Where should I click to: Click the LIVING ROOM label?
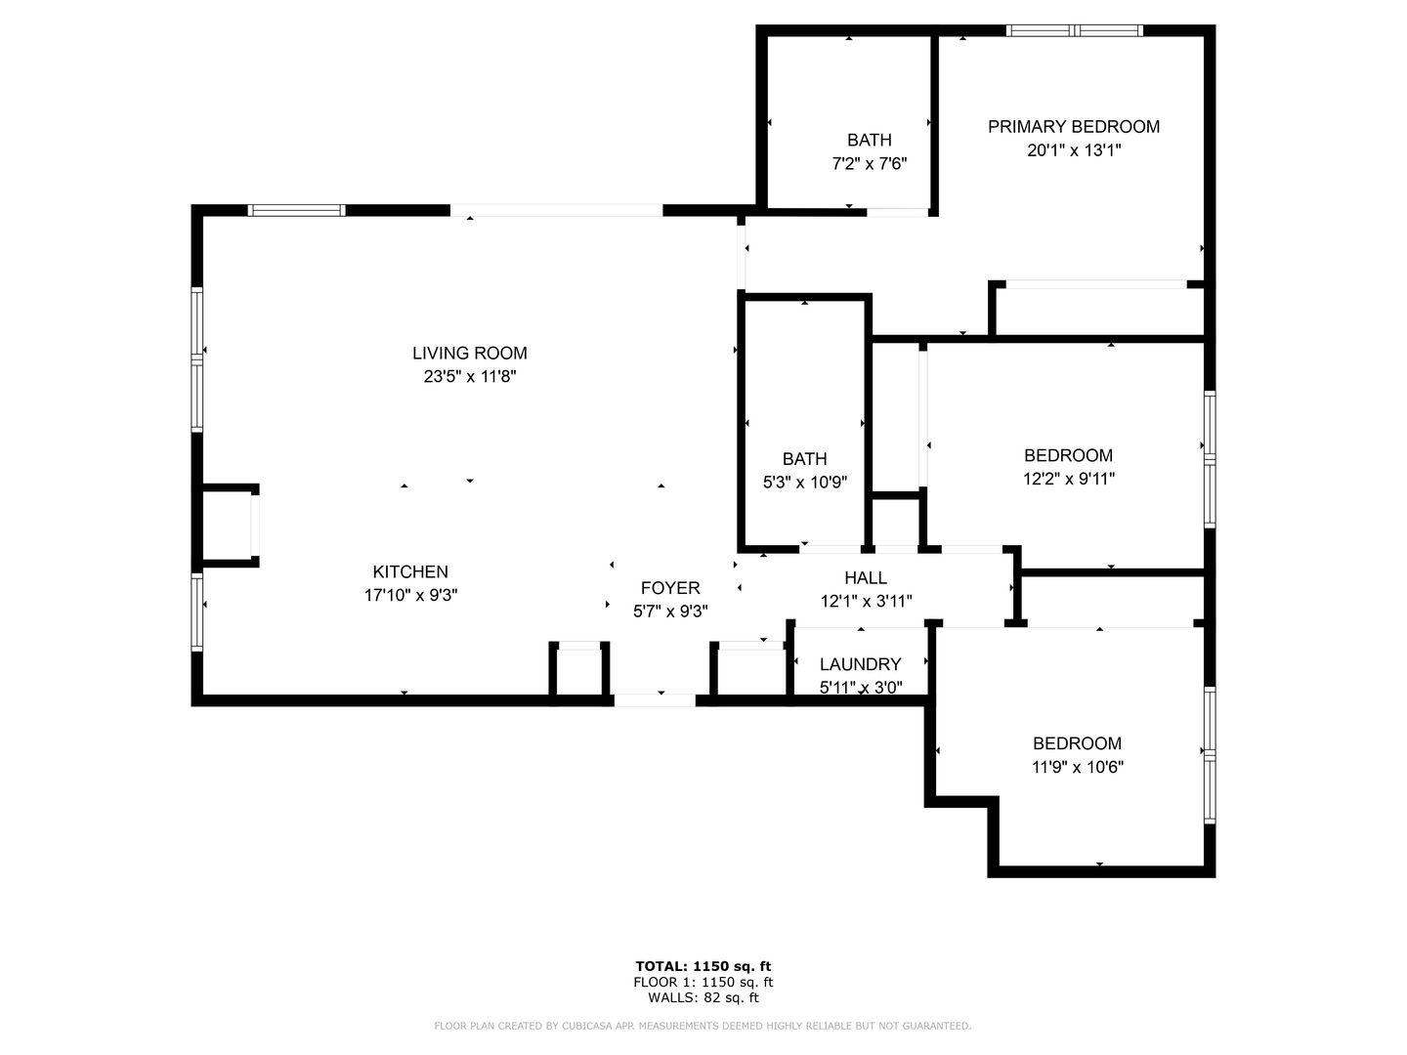pyautogui.click(x=469, y=353)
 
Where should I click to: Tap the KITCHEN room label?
pyautogui.click(x=410, y=571)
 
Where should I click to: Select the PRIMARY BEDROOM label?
pyautogui.click(x=1074, y=127)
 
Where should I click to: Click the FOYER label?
pyautogui.click(x=670, y=588)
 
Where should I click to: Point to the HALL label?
pyautogui.click(x=866, y=577)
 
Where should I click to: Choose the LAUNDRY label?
pyautogui.click(x=860, y=664)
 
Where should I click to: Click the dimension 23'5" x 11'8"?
pyautogui.click(x=470, y=377)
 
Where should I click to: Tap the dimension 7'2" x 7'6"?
pyautogui.click(x=870, y=164)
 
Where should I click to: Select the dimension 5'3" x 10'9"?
pyautogui.click(x=805, y=483)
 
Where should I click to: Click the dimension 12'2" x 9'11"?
pyautogui.click(x=1069, y=479)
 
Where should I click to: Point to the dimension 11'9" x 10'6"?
pyautogui.click(x=1078, y=767)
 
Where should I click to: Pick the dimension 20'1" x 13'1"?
pyautogui.click(x=1074, y=150)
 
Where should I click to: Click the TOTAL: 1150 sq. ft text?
pyautogui.click(x=703, y=967)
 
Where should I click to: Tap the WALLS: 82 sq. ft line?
pyautogui.click(x=703, y=997)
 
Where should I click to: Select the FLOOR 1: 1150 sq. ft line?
pyautogui.click(x=703, y=982)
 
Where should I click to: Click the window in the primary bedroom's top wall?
pyautogui.click(x=1075, y=30)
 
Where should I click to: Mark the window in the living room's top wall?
pyautogui.click(x=297, y=210)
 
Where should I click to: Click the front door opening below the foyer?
pyautogui.click(x=655, y=700)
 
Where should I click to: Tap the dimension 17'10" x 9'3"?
pyautogui.click(x=411, y=596)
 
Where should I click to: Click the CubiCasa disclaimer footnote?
pyautogui.click(x=703, y=1026)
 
